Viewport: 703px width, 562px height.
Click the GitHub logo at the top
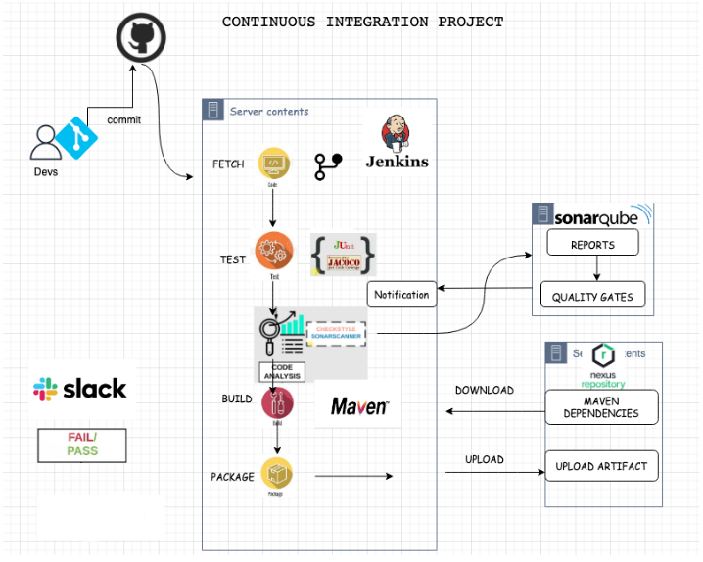[141, 38]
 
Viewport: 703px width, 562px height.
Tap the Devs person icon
[44, 143]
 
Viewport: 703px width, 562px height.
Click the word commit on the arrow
[124, 120]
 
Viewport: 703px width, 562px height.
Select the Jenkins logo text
[397, 162]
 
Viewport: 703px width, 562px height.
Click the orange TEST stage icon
[274, 252]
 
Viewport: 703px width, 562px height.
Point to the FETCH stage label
[228, 164]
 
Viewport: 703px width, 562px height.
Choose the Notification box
[401, 294]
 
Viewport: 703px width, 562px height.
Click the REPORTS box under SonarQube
[592, 245]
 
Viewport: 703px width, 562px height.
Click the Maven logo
[359, 405]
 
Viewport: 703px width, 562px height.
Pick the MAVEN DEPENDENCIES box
[601, 407]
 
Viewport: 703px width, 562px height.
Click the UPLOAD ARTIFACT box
[601, 466]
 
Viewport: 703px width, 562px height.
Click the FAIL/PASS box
[82, 445]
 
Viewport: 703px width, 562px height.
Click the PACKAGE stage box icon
[275, 475]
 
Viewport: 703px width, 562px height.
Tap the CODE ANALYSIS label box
[281, 370]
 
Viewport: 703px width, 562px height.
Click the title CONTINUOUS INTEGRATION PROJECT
[362, 22]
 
